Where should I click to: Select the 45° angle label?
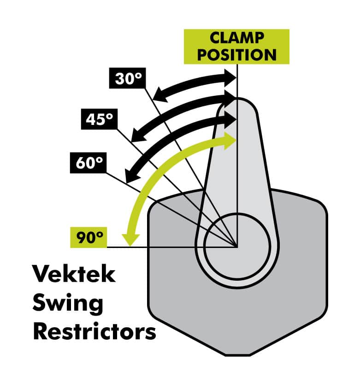pos(98,119)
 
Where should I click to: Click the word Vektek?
pos(73,275)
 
